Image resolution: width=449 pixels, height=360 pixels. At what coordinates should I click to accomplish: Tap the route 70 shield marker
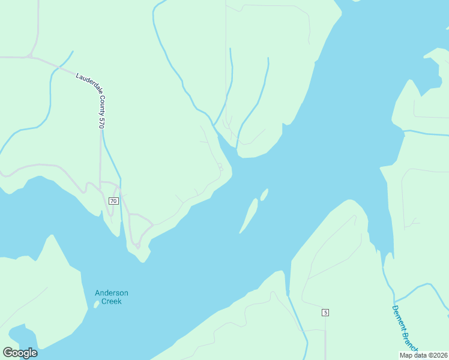pos(113,200)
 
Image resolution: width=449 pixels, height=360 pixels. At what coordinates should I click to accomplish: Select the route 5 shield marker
pos(325,313)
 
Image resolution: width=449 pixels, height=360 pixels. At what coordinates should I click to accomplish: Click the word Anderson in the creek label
pos(112,293)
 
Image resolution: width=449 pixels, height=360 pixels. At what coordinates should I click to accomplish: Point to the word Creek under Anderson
pos(112,301)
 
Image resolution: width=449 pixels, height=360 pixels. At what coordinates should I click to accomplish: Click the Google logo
pos(20,353)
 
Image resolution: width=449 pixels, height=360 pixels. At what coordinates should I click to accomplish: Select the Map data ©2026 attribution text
pos(423,355)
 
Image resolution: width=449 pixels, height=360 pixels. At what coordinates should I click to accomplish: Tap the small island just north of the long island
pos(264,194)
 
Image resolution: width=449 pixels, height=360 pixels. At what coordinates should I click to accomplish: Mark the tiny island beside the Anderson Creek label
pos(96,304)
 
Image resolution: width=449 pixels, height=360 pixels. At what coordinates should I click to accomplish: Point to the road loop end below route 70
pos(137,245)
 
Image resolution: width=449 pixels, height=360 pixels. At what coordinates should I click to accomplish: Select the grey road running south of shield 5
pos(325,339)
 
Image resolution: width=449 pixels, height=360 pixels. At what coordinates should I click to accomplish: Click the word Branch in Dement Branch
pos(410,340)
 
